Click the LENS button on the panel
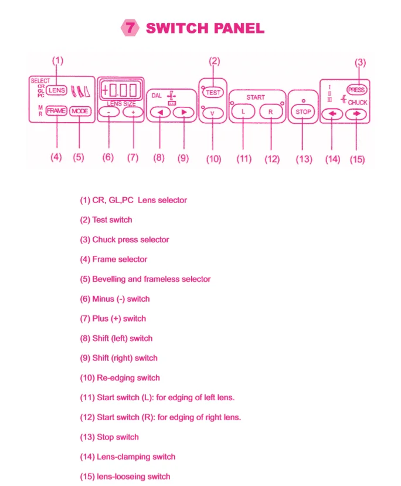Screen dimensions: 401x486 [57, 90]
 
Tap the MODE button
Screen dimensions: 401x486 [79, 110]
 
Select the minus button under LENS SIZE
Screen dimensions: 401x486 [108, 112]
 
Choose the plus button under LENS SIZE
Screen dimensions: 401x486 [133, 112]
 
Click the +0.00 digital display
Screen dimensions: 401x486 [120, 90]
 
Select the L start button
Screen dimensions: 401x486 [244, 112]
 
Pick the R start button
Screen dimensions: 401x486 [271, 112]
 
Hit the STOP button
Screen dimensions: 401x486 [302, 112]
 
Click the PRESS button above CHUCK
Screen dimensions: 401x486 [356, 90]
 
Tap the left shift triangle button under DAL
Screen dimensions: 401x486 [158, 112]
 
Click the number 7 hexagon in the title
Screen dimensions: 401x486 [129, 28]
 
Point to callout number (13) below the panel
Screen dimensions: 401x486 [303, 159]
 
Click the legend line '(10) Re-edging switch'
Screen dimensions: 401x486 [120, 377]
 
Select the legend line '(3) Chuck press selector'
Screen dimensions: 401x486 [124, 239]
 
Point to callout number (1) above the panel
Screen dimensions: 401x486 [57, 60]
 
